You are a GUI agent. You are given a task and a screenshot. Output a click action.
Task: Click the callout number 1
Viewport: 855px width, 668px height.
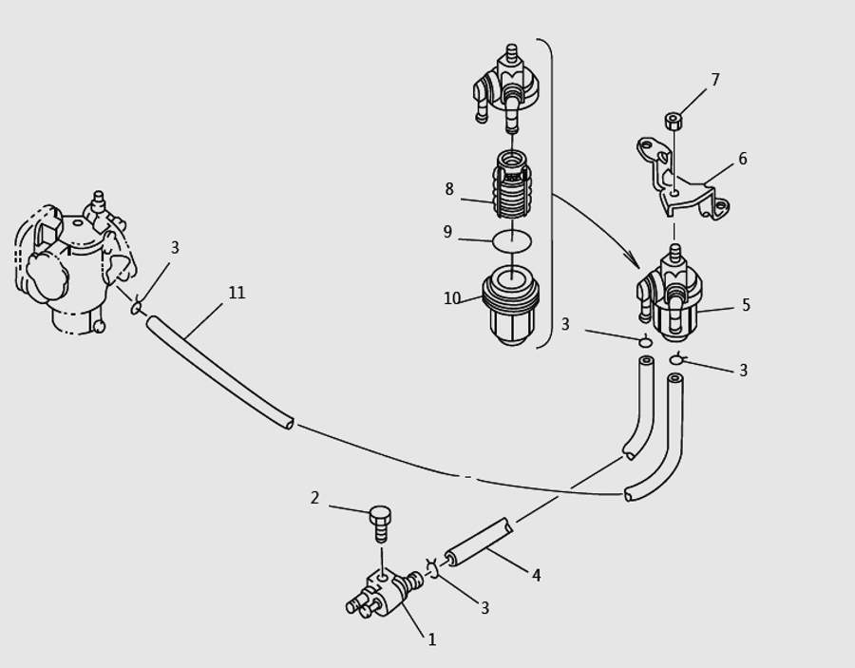[431, 640]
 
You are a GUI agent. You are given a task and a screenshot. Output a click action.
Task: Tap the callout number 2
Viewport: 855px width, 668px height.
[314, 498]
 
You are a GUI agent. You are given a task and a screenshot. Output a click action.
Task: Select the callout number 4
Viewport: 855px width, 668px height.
[536, 576]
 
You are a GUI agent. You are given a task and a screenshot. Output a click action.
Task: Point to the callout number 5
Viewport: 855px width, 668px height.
[746, 305]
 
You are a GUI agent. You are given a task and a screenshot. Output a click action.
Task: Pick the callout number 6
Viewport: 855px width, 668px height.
[742, 160]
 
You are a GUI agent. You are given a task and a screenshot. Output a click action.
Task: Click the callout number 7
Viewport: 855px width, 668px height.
[715, 81]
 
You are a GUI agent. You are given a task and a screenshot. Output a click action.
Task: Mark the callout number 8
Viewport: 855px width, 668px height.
[449, 189]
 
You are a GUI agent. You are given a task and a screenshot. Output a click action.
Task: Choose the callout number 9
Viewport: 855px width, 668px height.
[447, 233]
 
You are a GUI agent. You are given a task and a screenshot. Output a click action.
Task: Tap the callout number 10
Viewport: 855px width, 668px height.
[451, 298]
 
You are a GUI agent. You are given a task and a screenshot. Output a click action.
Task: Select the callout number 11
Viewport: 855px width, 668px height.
[237, 293]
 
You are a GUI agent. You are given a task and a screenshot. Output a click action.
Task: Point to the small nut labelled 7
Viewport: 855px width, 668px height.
[674, 121]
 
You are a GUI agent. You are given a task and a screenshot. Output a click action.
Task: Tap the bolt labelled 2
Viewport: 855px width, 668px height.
[381, 523]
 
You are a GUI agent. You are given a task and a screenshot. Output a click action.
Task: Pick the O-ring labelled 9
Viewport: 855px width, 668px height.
[513, 241]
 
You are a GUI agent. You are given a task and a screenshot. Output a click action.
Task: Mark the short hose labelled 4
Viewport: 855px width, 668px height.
[480, 542]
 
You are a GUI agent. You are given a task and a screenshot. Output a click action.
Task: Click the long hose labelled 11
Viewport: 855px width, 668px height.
[218, 372]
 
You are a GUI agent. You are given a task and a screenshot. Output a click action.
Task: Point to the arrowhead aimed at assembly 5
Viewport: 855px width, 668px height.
[634, 261]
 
